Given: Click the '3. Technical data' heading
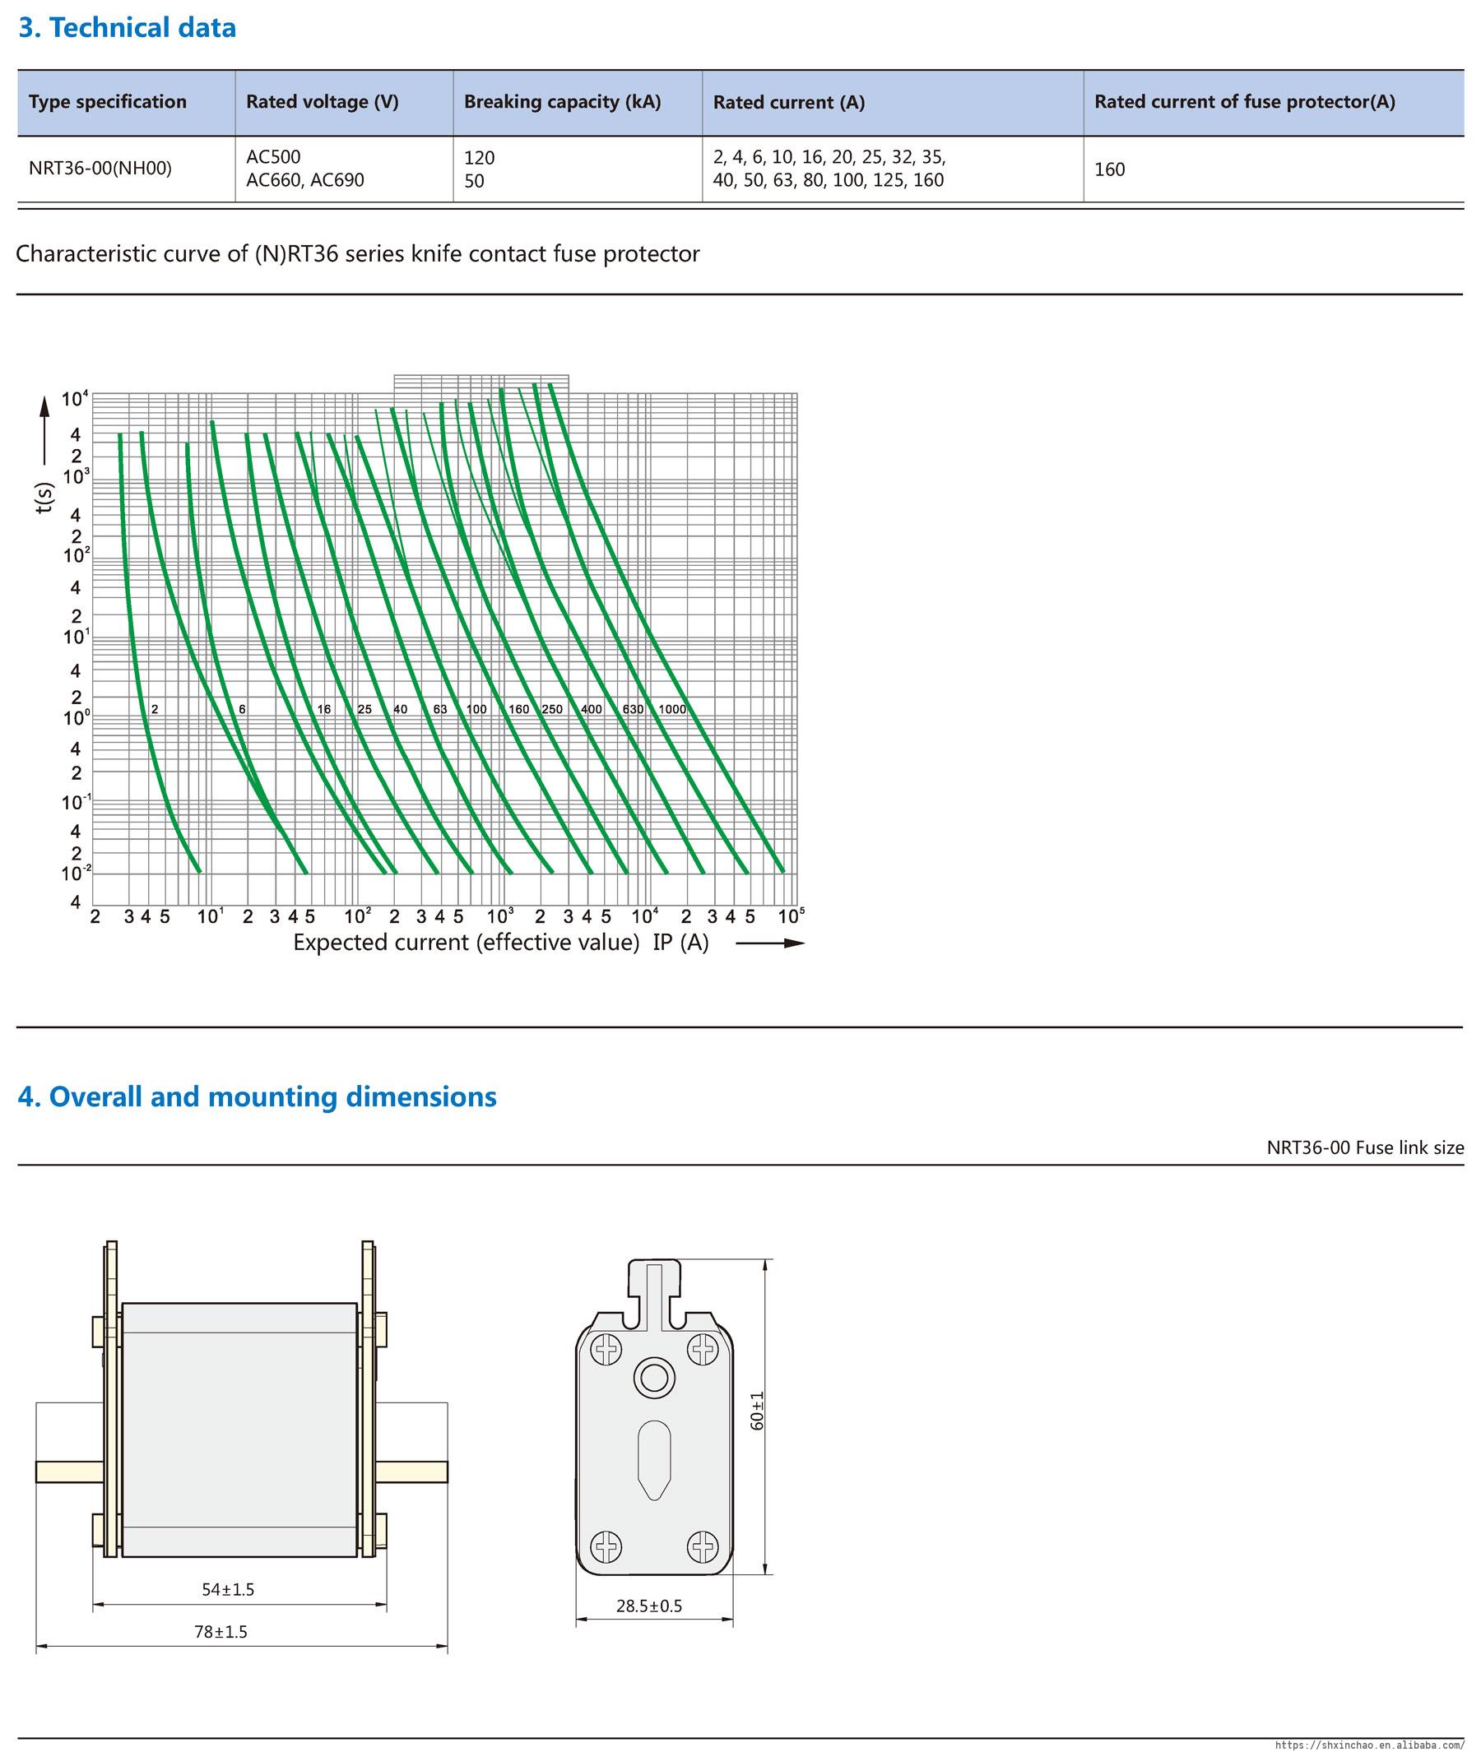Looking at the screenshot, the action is [x=128, y=29].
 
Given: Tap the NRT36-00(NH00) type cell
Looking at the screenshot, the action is [x=100, y=169].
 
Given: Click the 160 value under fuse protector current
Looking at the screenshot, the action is [x=1109, y=169].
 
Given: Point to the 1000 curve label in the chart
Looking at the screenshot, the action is [x=671, y=709].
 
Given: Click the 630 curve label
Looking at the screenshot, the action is [x=633, y=709].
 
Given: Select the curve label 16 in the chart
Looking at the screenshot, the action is [x=324, y=709].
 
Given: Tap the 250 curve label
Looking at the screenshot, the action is [x=551, y=709].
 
